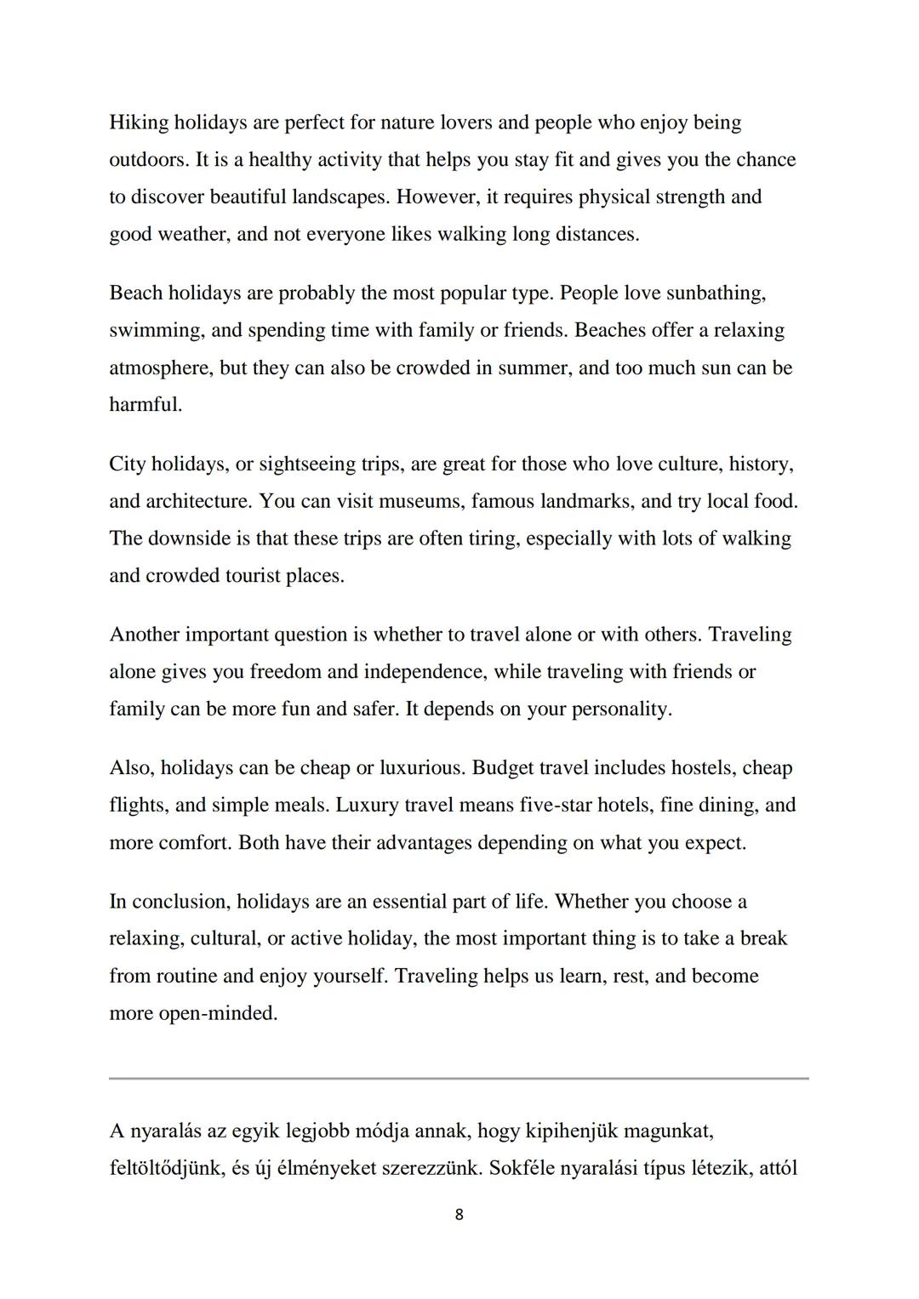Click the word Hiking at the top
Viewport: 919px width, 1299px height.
coord(138,122)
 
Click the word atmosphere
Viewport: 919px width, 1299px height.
coord(160,368)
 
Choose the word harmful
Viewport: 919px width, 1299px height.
coord(145,405)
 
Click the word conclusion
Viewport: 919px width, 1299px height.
coord(180,902)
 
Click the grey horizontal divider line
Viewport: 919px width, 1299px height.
coord(459,1079)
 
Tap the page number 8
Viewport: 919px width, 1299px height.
coord(459,1215)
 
